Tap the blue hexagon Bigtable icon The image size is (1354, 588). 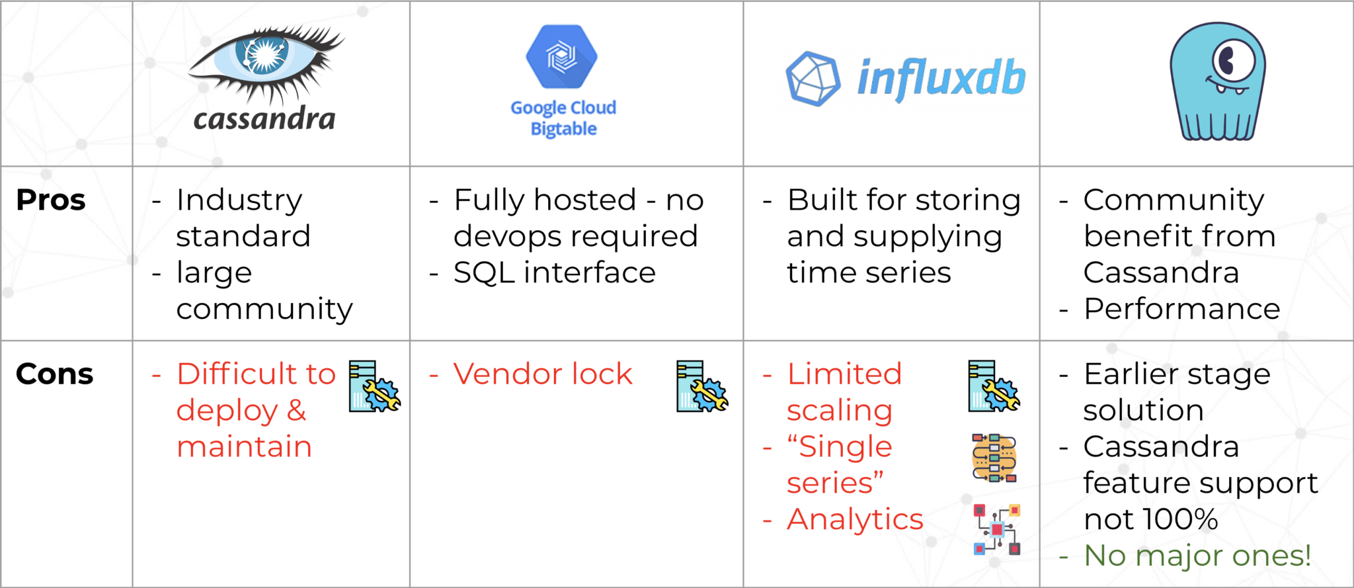[x=562, y=57]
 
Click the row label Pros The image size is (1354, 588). [x=51, y=200]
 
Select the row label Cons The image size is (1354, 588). [x=54, y=374]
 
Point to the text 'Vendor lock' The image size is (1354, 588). [x=542, y=374]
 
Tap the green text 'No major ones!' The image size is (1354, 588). [x=1197, y=556]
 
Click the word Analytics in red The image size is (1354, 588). [x=855, y=520]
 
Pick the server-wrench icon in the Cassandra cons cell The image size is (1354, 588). [x=374, y=388]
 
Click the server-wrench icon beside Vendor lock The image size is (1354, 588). [x=701, y=388]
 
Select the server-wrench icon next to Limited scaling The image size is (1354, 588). [x=994, y=388]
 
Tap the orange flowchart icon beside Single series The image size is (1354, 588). [x=994, y=458]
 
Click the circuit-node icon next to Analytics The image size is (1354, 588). [x=996, y=529]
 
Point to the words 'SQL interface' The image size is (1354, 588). [x=554, y=273]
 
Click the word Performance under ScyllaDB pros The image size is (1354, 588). [x=1181, y=310]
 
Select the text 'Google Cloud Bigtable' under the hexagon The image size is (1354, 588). [x=563, y=118]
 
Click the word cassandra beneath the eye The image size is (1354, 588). [x=264, y=120]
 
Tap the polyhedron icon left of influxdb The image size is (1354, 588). [x=813, y=79]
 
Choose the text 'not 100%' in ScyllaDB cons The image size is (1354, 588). [x=1150, y=520]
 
